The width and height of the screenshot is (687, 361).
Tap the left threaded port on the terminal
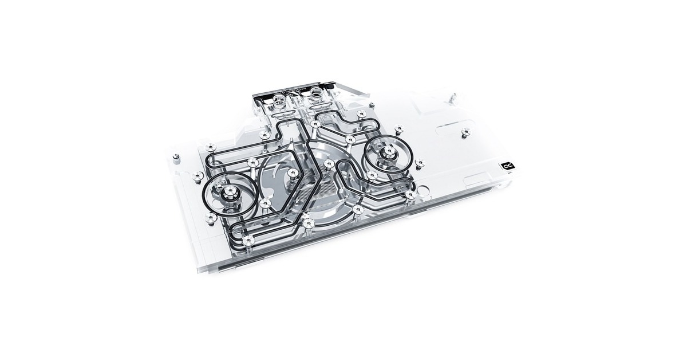click(x=282, y=98)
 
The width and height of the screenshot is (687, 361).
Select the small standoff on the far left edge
click(x=176, y=156)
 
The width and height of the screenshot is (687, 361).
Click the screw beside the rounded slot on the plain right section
click(x=465, y=133)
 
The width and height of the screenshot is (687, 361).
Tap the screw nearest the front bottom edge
click(x=250, y=241)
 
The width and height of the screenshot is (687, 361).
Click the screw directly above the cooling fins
click(x=329, y=164)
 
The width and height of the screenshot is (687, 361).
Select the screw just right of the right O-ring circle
click(x=420, y=163)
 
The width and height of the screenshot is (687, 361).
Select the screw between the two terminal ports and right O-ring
click(x=350, y=139)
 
